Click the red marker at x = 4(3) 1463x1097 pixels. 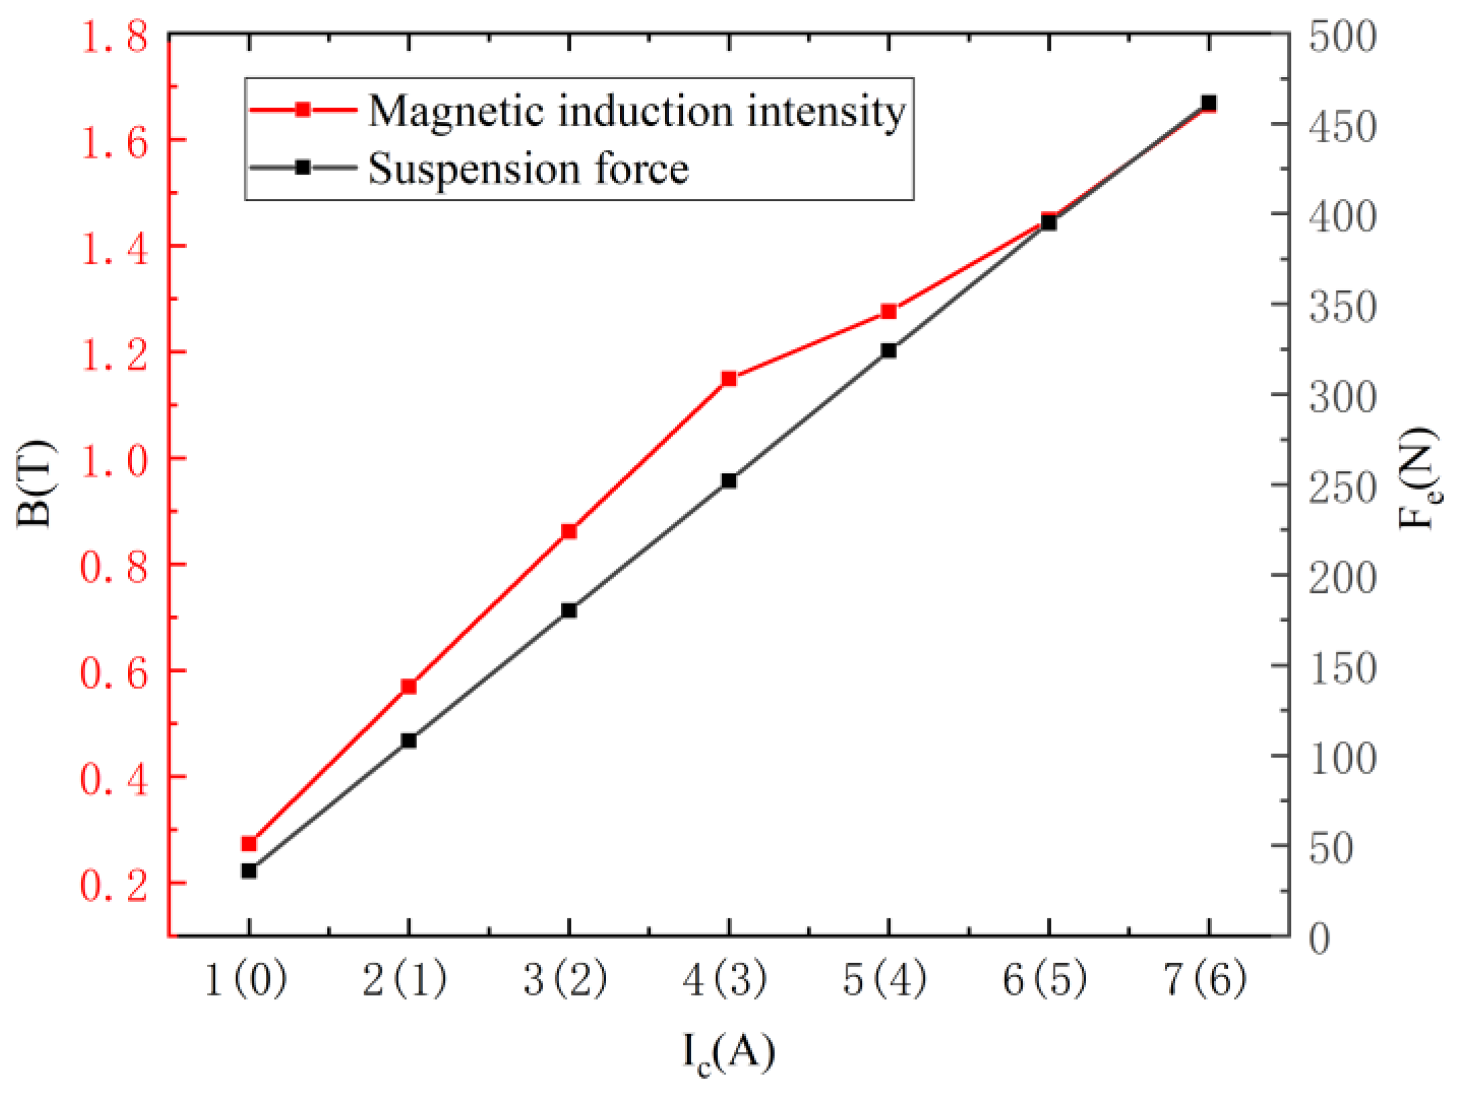(728, 378)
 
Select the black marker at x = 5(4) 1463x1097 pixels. (888, 351)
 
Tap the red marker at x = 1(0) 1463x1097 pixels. (249, 843)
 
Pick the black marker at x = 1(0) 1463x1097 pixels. (249, 870)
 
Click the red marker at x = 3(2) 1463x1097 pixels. (569, 531)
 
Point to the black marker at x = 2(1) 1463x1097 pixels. (409, 740)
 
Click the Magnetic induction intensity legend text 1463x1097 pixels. (636, 110)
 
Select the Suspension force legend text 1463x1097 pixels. (528, 168)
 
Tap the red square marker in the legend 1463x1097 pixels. (303, 110)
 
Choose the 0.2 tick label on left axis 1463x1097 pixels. (114, 884)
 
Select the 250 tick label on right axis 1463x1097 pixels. (1342, 487)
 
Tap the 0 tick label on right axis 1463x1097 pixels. (1319, 938)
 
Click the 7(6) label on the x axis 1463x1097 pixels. (1205, 979)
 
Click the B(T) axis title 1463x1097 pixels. (34, 484)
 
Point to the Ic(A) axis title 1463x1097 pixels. (728, 1052)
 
